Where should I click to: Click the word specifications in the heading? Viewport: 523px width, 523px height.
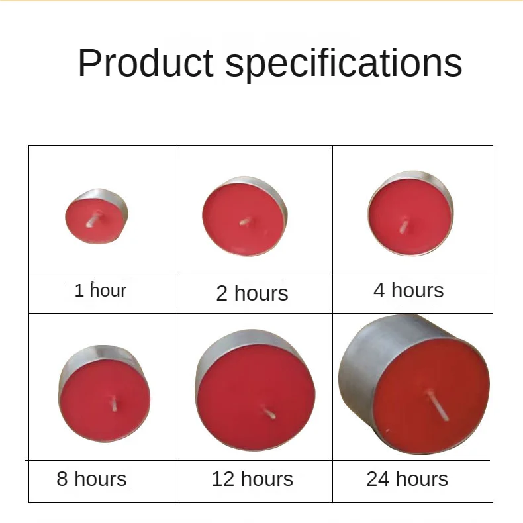[344, 64]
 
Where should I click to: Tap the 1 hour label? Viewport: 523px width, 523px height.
[100, 290]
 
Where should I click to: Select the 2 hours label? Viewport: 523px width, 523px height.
[252, 293]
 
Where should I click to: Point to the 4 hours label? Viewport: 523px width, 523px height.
[408, 289]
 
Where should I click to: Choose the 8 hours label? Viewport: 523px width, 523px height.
[91, 479]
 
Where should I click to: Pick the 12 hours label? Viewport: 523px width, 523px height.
[252, 479]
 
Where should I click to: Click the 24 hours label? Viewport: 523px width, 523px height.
[407, 479]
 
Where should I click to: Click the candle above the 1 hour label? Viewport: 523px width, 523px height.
[97, 216]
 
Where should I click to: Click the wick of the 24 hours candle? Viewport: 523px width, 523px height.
[438, 405]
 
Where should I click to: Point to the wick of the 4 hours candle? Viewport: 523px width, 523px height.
[403, 226]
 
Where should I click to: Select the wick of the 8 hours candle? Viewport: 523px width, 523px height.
[113, 402]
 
